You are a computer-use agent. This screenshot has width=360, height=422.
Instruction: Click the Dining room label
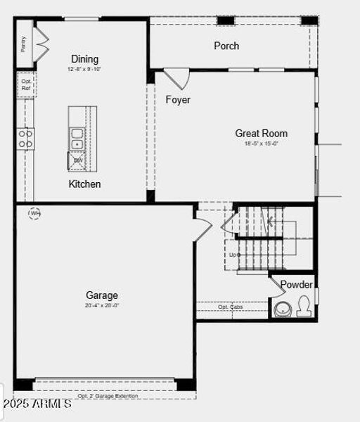pos(84,59)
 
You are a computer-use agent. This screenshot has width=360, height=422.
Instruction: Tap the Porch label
pos(226,46)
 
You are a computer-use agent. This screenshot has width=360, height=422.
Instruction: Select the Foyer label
pos(178,100)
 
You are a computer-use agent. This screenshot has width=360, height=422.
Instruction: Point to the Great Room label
pos(261,133)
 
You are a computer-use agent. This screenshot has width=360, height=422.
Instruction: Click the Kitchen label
pos(84,184)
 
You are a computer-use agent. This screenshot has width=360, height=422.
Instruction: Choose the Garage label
pos(102,295)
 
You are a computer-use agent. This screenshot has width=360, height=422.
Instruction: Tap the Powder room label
pos(296,285)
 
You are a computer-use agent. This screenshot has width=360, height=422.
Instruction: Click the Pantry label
pos(23,44)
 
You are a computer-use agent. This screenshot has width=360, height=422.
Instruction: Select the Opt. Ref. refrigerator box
pos(26,85)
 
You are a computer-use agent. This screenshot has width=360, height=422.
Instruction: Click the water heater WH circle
pos(34,212)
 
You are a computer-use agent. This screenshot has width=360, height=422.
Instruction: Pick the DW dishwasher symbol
pos(77,161)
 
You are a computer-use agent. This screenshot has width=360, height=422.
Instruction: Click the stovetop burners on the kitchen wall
pos(25,138)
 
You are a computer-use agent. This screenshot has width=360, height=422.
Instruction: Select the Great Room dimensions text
pos(261,144)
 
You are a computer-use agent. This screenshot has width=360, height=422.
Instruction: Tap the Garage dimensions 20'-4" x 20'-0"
pos(102,306)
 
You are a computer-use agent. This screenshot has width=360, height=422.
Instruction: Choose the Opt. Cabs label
pos(231,307)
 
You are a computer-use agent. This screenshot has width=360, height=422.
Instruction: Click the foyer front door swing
pos(176,77)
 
